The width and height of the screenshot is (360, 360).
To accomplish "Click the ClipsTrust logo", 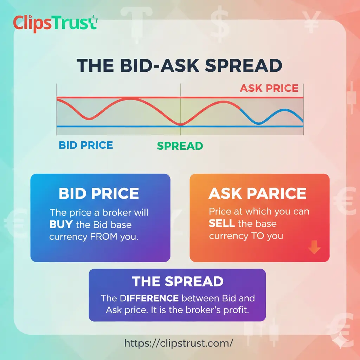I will pos(54,24).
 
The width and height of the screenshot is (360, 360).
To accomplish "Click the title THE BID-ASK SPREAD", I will pos(180,66).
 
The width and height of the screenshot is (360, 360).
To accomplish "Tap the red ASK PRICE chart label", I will pos(269,88).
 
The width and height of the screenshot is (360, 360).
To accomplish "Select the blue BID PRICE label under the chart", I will pos(86,145).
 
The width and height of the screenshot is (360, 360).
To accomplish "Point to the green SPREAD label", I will pos(180,146).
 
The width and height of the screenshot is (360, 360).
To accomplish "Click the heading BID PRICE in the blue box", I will pos(99,194).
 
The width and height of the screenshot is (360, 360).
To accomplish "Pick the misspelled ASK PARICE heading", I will pos(257,194).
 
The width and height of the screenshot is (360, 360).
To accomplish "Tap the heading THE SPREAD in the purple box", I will pos(178,281).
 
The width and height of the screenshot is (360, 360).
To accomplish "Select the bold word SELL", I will pos(221,224).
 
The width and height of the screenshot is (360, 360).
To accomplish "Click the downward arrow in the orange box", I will pos(314,249).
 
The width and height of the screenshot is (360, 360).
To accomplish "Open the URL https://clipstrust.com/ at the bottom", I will pos(179,343).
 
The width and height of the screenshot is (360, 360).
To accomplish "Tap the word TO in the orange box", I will pos(258,236).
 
